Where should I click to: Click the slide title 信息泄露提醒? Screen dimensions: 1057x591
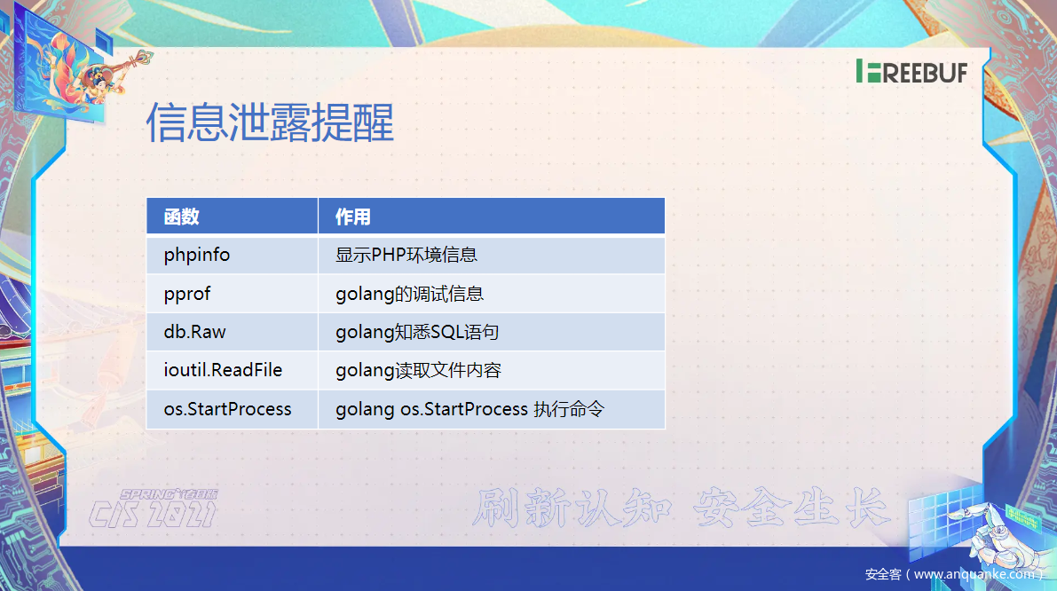pyautogui.click(x=270, y=122)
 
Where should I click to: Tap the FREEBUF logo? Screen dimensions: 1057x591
pyautogui.click(x=911, y=71)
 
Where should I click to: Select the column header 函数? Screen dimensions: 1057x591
pyautogui.click(x=181, y=217)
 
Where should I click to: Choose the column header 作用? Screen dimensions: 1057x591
pyautogui.click(x=353, y=217)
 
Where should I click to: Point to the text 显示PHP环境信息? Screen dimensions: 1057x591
pyautogui.click(x=406, y=255)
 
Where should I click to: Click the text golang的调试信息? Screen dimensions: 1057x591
pyautogui.click(x=410, y=294)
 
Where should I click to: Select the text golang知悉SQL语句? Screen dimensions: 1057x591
pyautogui.click(x=417, y=332)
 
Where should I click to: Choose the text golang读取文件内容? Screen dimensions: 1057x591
pyautogui.click(x=419, y=371)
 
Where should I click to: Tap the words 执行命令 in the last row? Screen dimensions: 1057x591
pyautogui.click(x=569, y=409)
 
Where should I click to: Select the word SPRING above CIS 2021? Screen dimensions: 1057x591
pyautogui.click(x=149, y=494)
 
